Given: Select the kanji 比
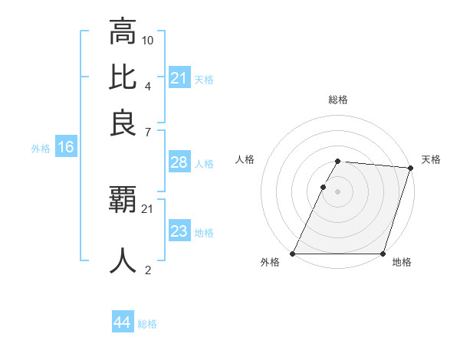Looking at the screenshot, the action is pos(123,77).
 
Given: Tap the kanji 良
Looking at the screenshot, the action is pos(123,123).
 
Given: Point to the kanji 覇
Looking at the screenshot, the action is pos(123,201).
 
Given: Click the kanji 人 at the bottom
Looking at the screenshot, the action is pos(123,260).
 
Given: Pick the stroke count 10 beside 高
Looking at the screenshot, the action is pos(148,40).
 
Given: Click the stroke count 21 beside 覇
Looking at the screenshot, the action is pos(148,208).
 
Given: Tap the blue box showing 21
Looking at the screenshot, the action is pos(179,77).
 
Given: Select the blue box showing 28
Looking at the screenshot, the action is pos(179,162).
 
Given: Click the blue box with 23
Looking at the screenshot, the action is pos(179,231).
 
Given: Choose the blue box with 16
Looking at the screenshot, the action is pos(66,147).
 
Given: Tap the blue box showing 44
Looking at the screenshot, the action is pos(122,322).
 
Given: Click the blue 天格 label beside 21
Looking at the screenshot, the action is pos(204,79).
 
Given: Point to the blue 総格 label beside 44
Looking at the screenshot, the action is pos(147,324).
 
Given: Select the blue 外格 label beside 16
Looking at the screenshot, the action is pos(41,149).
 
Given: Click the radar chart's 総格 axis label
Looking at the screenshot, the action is pos(337,100).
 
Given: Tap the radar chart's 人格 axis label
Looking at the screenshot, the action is pos(245,159).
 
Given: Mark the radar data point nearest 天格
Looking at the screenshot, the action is pos(411,168).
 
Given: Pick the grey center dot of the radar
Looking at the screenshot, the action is pos(337,191).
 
